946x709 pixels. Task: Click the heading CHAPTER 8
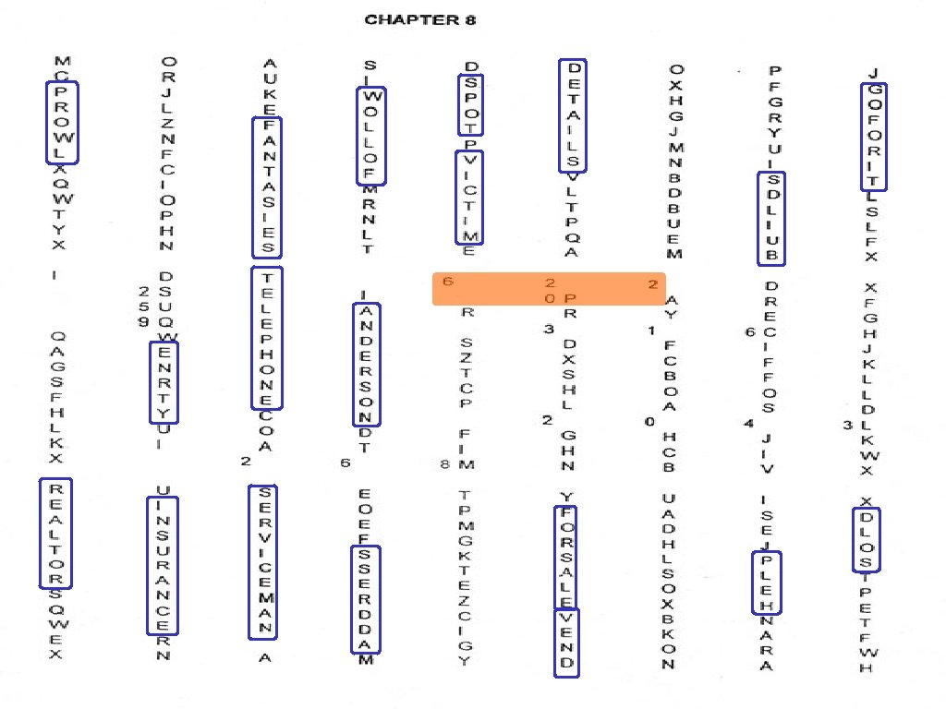pyautogui.click(x=420, y=19)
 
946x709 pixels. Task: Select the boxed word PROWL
pyautogui.click(x=62, y=122)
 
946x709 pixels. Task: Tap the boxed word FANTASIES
pyautogui.click(x=267, y=187)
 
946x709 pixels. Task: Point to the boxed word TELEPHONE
pyautogui.click(x=267, y=338)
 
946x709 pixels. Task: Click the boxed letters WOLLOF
pyautogui.click(x=370, y=136)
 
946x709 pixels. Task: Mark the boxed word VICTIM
pyautogui.click(x=469, y=198)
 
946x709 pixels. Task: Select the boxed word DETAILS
pyautogui.click(x=573, y=115)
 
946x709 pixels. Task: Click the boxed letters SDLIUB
pyautogui.click(x=771, y=218)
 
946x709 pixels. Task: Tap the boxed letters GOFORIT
pyautogui.click(x=874, y=136)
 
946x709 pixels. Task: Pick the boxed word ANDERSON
pyautogui.click(x=366, y=365)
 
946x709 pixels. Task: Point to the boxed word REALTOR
pyautogui.click(x=55, y=533)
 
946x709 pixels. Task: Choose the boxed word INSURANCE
pyautogui.click(x=163, y=566)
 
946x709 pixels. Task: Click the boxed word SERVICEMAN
pyautogui.click(x=264, y=562)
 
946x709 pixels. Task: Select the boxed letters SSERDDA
pyautogui.click(x=365, y=599)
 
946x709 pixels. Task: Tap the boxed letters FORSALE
pyautogui.click(x=565, y=557)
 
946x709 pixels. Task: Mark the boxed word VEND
pyautogui.click(x=566, y=643)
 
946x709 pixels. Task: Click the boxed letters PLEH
pyautogui.click(x=767, y=583)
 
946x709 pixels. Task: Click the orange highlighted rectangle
pyautogui.click(x=549, y=289)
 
